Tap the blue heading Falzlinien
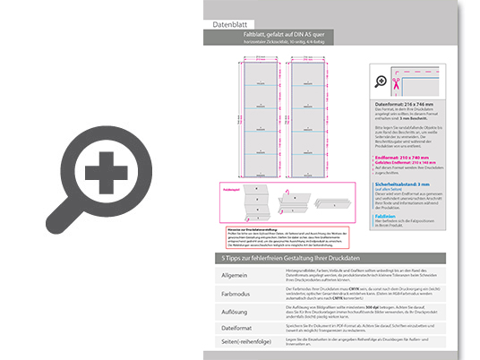pyautogui.click(x=387, y=216)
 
